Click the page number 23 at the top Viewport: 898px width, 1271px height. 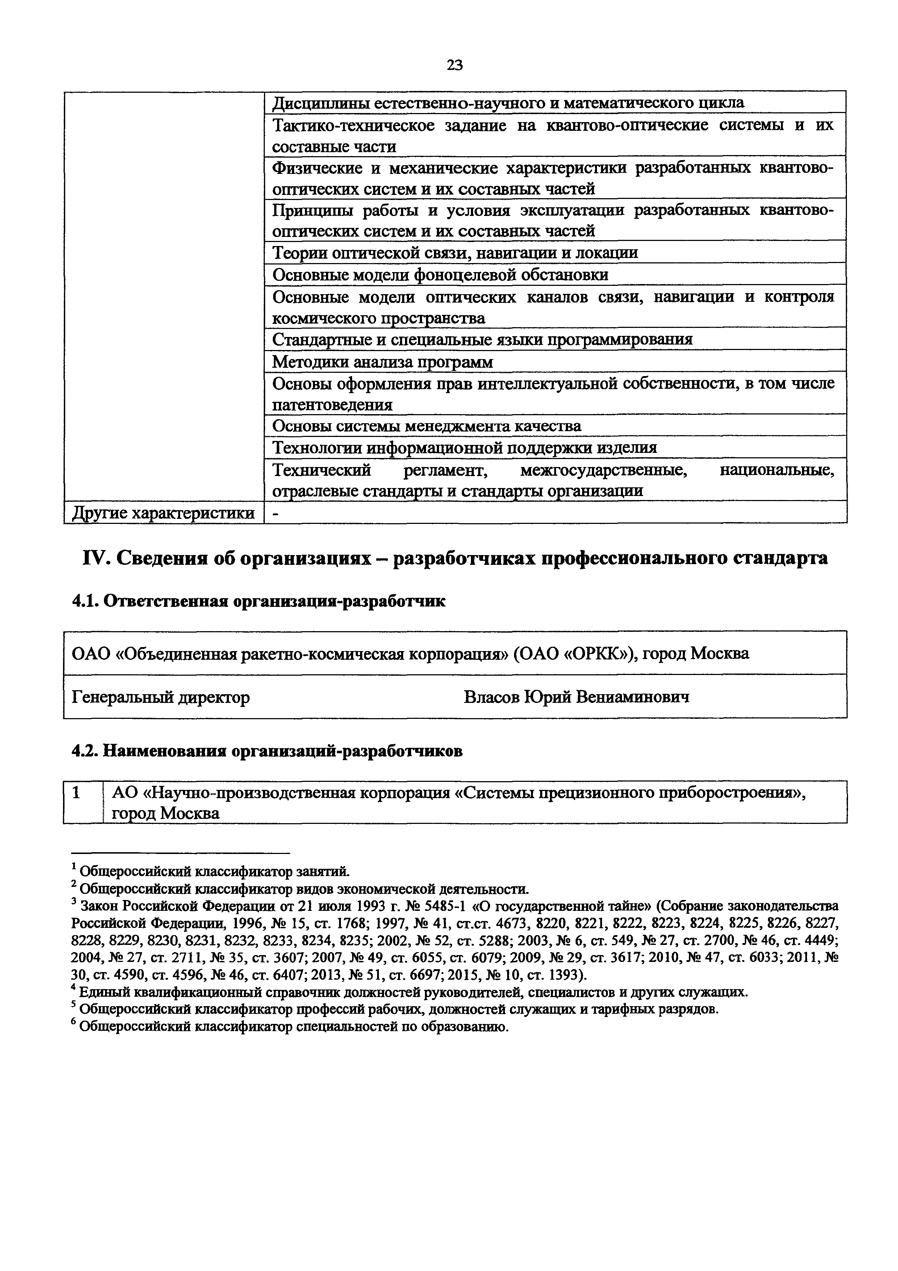tap(454, 65)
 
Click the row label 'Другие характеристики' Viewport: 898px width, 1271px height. tap(164, 513)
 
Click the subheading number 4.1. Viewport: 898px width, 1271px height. tap(85, 601)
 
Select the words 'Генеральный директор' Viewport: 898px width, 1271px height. tap(161, 697)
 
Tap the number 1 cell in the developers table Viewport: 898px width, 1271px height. tap(78, 793)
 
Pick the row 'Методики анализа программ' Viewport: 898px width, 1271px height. tap(382, 362)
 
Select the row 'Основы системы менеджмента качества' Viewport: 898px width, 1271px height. tap(427, 426)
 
